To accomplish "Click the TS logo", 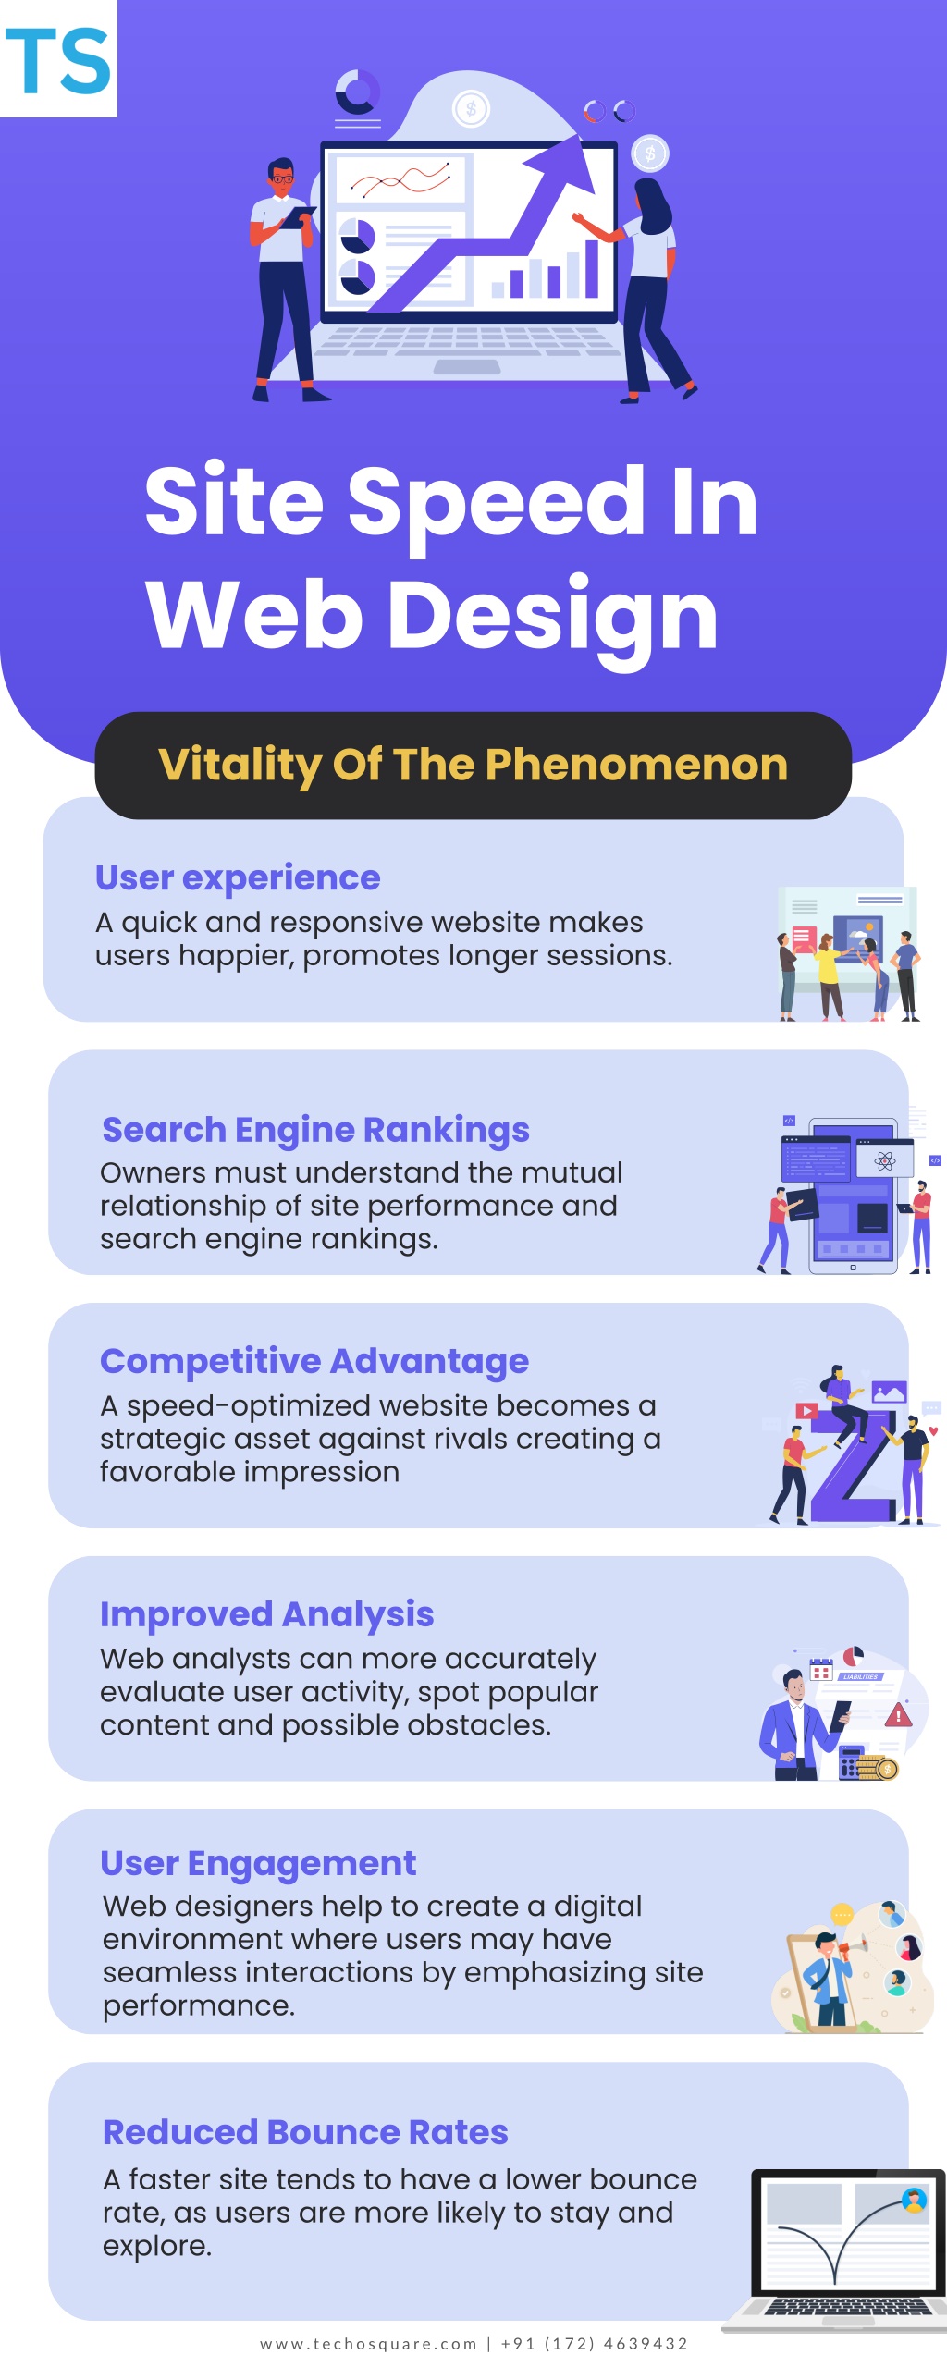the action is pyautogui.click(x=58, y=59).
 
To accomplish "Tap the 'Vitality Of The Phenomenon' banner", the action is pyautogui.click(x=473, y=766).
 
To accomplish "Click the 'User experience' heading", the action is pyautogui.click(x=238, y=877).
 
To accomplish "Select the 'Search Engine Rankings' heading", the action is pyautogui.click(x=315, y=1130).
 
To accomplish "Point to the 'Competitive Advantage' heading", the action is pyautogui.click(x=314, y=1361).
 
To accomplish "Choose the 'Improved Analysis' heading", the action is pyautogui.click(x=266, y=1614).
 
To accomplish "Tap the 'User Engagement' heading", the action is pyautogui.click(x=258, y=1863).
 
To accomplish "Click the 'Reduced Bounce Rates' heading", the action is pyautogui.click(x=305, y=2132).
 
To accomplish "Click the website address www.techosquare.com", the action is pyautogui.click(x=368, y=2344).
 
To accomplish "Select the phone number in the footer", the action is pyautogui.click(x=594, y=2344).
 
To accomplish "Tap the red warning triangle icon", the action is pyautogui.click(x=898, y=1716).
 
